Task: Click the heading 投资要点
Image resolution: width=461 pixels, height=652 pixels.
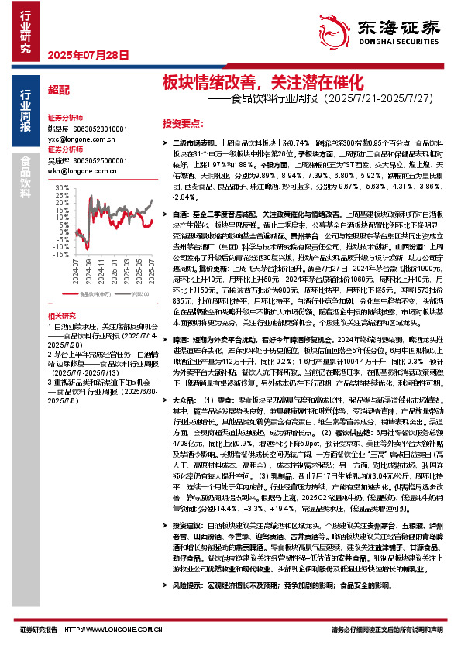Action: (x=182, y=123)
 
